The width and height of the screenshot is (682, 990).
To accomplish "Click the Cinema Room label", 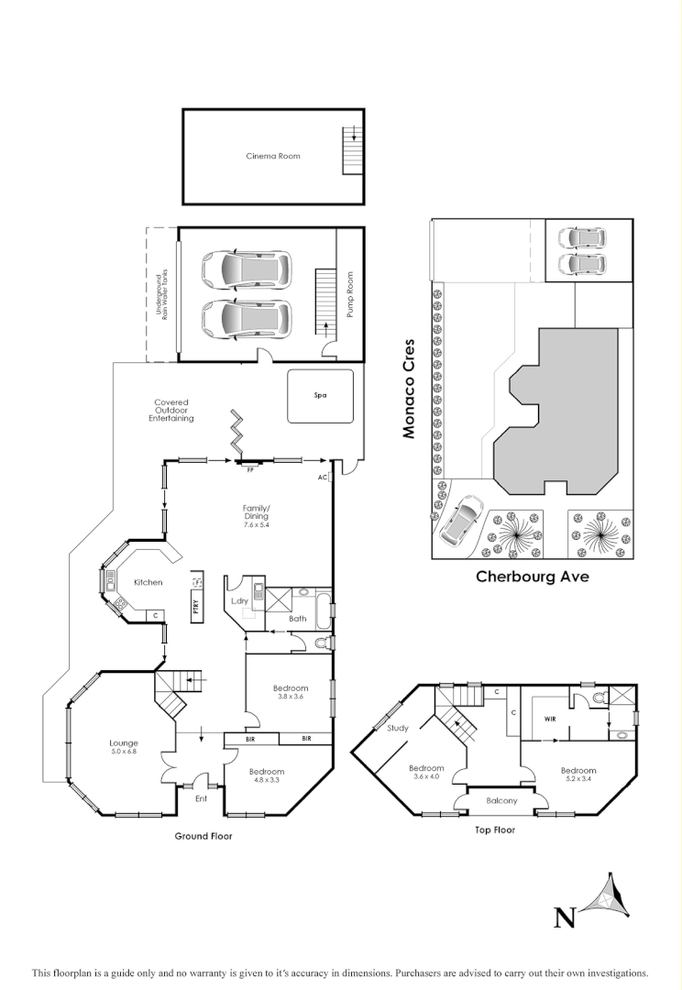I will pyautogui.click(x=272, y=156).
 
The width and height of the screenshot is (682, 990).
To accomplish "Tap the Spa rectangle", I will pyautogui.click(x=320, y=396).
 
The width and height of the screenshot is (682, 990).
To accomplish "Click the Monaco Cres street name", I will pyautogui.click(x=410, y=389).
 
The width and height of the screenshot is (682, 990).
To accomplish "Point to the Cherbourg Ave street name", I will pyautogui.click(x=532, y=577).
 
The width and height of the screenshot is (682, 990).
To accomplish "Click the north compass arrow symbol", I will pyautogui.click(x=610, y=897).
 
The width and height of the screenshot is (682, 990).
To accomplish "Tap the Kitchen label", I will pyautogui.click(x=148, y=582).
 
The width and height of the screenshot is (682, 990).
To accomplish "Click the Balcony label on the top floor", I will pyautogui.click(x=501, y=800).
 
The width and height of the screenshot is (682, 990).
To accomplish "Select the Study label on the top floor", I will pyautogui.click(x=397, y=728).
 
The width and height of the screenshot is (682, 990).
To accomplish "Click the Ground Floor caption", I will pyautogui.click(x=203, y=836).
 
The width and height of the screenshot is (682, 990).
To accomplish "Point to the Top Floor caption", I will pyautogui.click(x=494, y=830).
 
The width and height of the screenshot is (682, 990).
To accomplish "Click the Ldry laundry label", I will pyautogui.click(x=240, y=600).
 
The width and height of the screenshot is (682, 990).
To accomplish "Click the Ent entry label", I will pyautogui.click(x=203, y=798).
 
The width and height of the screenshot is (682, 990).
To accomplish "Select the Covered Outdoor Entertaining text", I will pyautogui.click(x=172, y=410).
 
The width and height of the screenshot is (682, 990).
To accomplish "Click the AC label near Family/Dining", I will pyautogui.click(x=323, y=478).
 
